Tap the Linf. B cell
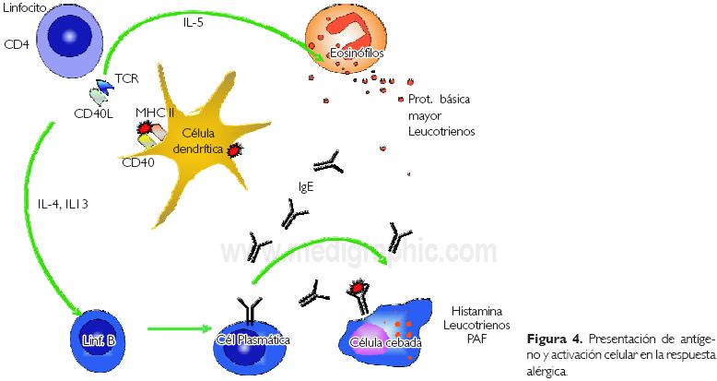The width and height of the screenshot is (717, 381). [x=97, y=338]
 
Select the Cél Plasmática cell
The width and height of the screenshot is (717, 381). [x=253, y=339]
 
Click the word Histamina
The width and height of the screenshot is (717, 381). [x=476, y=312]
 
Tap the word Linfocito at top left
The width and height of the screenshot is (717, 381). [x=27, y=8]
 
